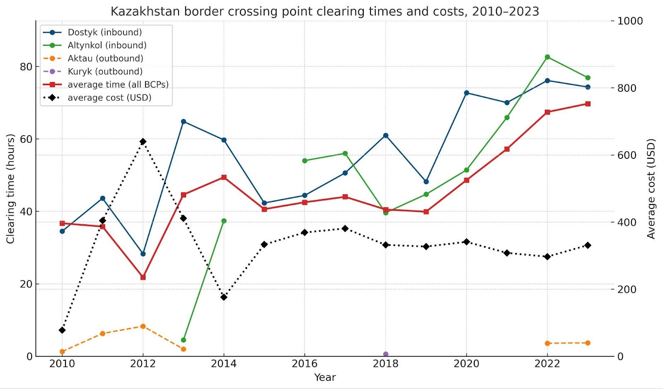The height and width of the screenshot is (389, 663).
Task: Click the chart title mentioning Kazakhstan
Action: coord(324,11)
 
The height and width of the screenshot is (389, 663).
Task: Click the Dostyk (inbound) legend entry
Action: coord(104,32)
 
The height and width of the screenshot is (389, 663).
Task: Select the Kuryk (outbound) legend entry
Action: coord(105,71)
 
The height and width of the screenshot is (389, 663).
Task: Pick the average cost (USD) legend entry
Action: coord(109,98)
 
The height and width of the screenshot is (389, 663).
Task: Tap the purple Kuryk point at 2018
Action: coord(386,354)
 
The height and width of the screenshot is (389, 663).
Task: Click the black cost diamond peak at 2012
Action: coord(143,141)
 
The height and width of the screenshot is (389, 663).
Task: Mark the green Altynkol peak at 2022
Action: coord(547,57)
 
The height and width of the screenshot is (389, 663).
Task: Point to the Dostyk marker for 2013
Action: coord(184,122)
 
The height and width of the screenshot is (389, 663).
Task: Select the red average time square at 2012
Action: coord(143,277)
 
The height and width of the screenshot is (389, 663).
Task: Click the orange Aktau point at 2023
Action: coord(588,343)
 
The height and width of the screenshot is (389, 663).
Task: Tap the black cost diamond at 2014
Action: coord(224,297)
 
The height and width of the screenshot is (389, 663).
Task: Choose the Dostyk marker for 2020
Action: coord(467,93)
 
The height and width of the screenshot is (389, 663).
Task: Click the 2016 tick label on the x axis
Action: coord(305,364)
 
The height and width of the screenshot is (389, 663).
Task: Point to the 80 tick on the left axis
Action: coord(26,67)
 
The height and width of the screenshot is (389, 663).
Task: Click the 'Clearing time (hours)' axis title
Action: coord(10,189)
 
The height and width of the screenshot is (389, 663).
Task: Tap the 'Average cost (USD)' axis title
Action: coord(651,189)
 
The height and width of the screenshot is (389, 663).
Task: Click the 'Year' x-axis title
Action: coord(325,377)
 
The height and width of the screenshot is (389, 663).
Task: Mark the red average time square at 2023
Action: coord(588,104)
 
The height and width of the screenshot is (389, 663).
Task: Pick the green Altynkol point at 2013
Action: coord(184,340)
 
